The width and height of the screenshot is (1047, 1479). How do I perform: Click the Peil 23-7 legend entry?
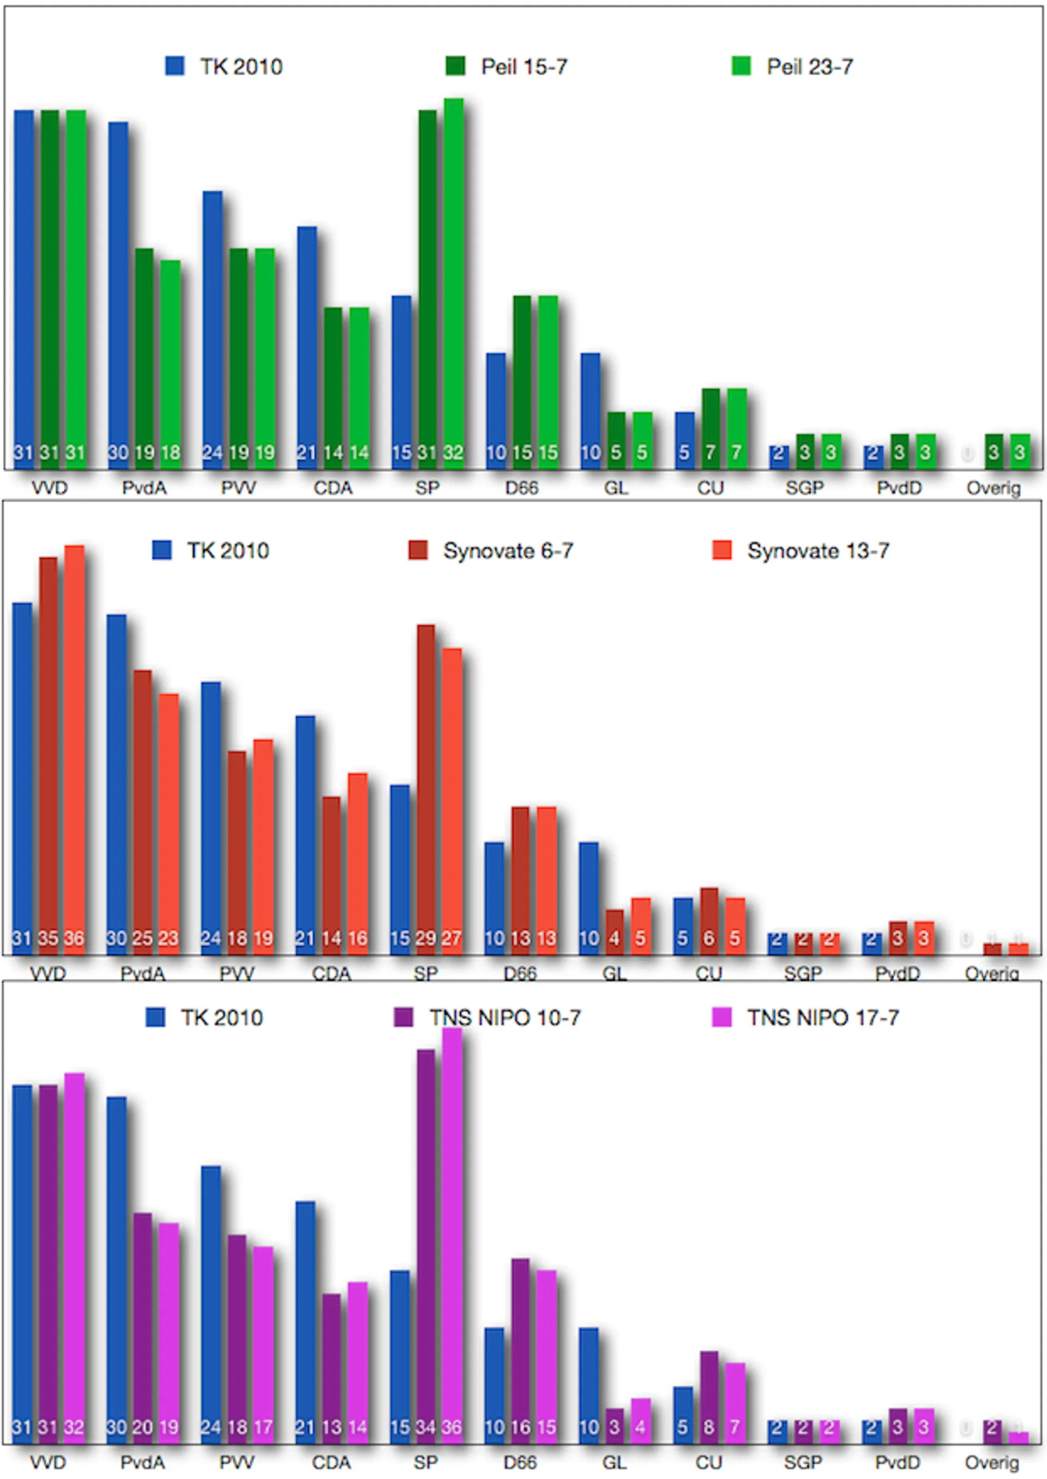click(x=792, y=67)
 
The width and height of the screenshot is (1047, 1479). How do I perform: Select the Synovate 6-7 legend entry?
click(x=491, y=551)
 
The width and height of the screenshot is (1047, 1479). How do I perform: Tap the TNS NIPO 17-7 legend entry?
click(x=805, y=1018)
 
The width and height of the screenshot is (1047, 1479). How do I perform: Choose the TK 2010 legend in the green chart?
click(x=224, y=67)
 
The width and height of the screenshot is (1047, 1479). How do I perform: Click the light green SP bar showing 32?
click(x=453, y=283)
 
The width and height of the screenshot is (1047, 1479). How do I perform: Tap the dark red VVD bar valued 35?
click(x=49, y=754)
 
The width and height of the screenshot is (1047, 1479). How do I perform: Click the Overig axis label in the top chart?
click(x=993, y=488)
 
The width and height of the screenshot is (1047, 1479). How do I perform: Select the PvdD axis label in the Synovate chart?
click(x=898, y=973)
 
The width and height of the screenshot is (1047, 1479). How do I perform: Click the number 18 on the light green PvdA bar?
click(x=171, y=452)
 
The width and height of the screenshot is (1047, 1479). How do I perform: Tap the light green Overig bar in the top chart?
click(x=1020, y=450)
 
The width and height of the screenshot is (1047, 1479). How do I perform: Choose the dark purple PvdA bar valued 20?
click(x=143, y=1327)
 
